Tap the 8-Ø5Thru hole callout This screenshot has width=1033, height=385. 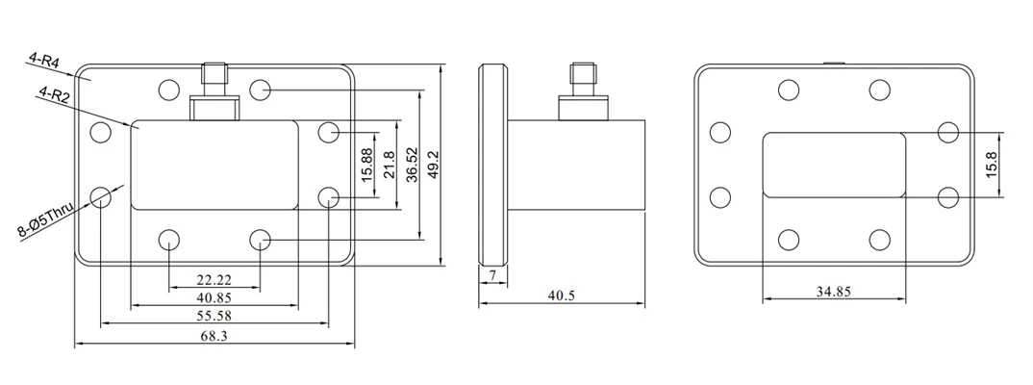(45, 220)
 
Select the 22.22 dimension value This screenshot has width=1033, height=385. (214, 280)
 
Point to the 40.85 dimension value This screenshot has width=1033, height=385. (214, 298)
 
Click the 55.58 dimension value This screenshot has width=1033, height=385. (214, 316)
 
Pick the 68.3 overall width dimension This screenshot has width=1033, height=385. (214, 336)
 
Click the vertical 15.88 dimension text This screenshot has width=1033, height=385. (367, 165)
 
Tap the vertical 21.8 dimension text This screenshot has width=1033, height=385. (389, 165)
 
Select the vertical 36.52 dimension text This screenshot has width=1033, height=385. (412, 165)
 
